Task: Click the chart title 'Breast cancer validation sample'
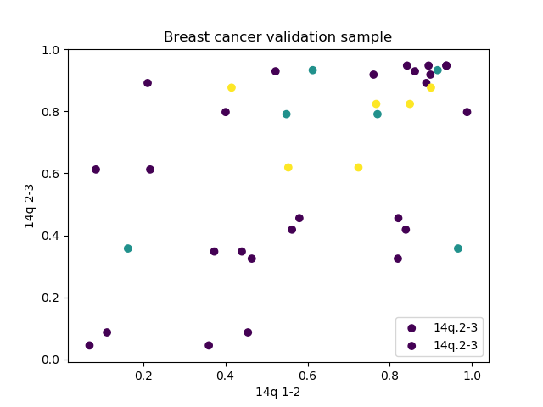click(277, 37)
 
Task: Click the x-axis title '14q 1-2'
click(277, 392)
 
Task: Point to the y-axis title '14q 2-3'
click(30, 206)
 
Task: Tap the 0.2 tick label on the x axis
click(143, 375)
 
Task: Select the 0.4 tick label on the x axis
click(226, 375)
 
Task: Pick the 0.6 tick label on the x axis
click(308, 375)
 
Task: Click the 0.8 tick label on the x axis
click(390, 375)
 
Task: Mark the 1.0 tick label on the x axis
click(473, 375)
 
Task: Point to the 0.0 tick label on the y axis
click(52, 360)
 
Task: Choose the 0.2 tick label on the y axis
click(52, 298)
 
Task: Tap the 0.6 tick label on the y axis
click(52, 174)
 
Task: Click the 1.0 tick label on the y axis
click(52, 50)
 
